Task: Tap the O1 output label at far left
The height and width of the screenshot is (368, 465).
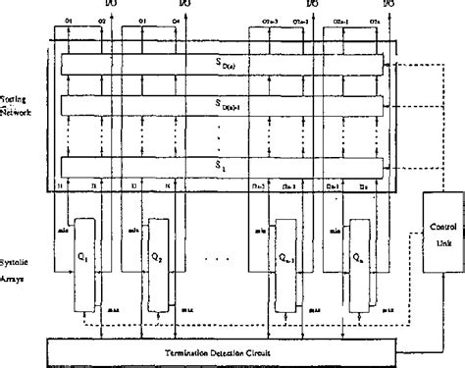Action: pyautogui.click(x=69, y=20)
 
